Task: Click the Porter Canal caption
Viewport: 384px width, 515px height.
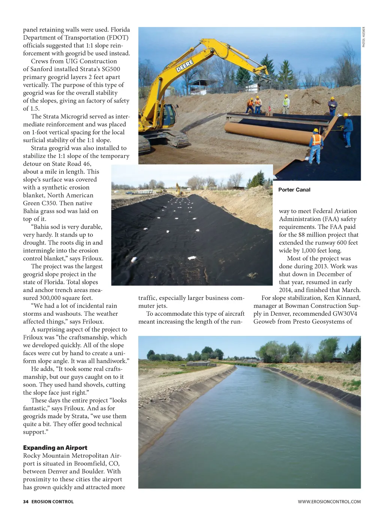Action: [x=294, y=190]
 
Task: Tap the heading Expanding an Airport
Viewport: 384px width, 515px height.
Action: [x=55, y=448]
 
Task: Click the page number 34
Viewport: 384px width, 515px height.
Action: [x=25, y=502]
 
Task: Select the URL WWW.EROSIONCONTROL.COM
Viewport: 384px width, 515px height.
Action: [x=329, y=502]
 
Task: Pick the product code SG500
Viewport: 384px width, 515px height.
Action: [x=110, y=69]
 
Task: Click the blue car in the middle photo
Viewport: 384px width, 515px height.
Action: [x=129, y=193]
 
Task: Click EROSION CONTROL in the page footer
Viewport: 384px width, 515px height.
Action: [x=52, y=502]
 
